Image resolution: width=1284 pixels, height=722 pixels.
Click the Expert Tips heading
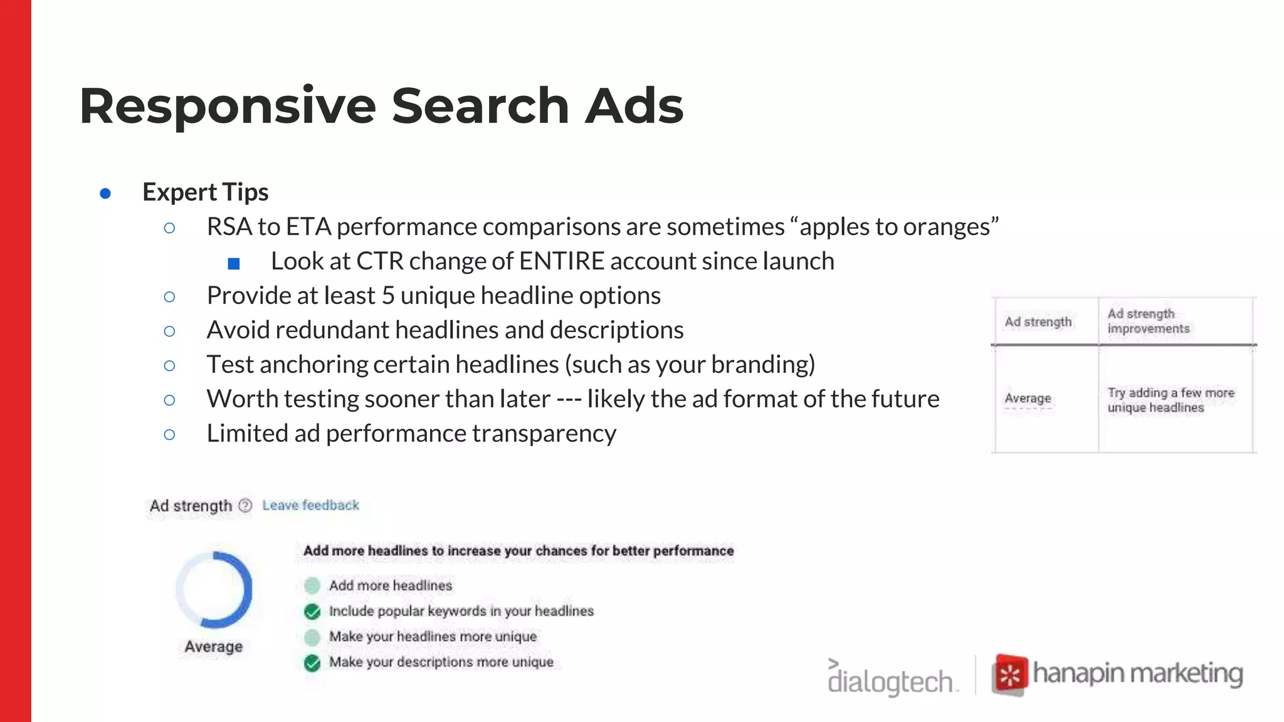click(206, 192)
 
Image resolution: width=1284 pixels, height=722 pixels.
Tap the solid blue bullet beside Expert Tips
click(105, 194)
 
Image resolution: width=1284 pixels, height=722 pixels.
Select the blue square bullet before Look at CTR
click(234, 263)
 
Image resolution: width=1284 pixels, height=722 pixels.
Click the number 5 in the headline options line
click(388, 296)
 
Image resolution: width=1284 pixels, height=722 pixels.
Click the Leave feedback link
click(310, 505)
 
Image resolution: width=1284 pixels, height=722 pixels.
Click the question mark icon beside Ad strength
click(245, 505)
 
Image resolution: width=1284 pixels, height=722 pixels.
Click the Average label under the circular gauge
click(213, 647)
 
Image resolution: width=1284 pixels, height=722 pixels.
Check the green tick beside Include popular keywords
click(312, 612)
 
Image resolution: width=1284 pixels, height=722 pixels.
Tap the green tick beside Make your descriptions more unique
click(312, 662)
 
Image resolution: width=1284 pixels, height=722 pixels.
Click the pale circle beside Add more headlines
click(312, 586)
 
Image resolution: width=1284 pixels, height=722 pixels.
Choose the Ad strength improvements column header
click(1148, 321)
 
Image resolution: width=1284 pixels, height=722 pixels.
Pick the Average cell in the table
click(1028, 399)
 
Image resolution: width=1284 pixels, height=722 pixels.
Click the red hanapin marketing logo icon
click(1009, 675)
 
